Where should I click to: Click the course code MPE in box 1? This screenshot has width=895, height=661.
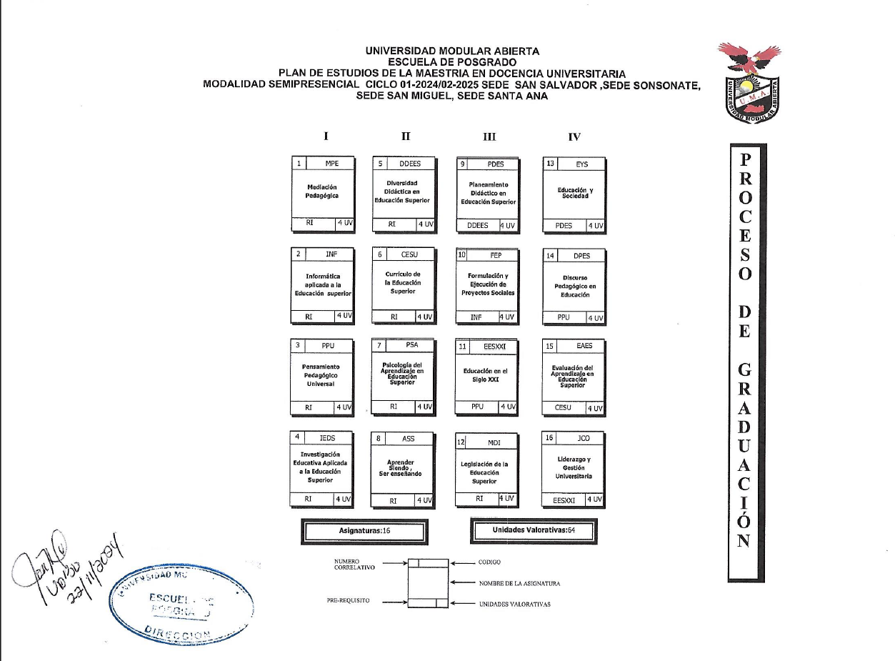[331, 163]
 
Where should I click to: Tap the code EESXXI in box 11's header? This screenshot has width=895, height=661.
[494, 346]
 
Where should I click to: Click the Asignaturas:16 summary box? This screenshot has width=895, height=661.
[364, 532]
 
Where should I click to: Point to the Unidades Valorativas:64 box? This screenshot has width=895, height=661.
[534, 530]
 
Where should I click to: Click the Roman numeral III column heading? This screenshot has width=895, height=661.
[489, 137]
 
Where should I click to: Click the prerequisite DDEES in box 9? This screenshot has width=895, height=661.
[477, 225]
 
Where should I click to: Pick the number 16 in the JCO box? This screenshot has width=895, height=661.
[549, 438]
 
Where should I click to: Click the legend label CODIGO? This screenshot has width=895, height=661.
[489, 562]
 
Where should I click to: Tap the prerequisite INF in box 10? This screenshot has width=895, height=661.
[476, 317]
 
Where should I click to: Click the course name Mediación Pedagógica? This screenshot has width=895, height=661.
[321, 191]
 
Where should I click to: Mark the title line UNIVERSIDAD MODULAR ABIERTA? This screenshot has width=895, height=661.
[452, 51]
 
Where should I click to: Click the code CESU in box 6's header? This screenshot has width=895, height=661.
[409, 254]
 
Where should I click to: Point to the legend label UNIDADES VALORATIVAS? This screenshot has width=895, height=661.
[514, 604]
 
